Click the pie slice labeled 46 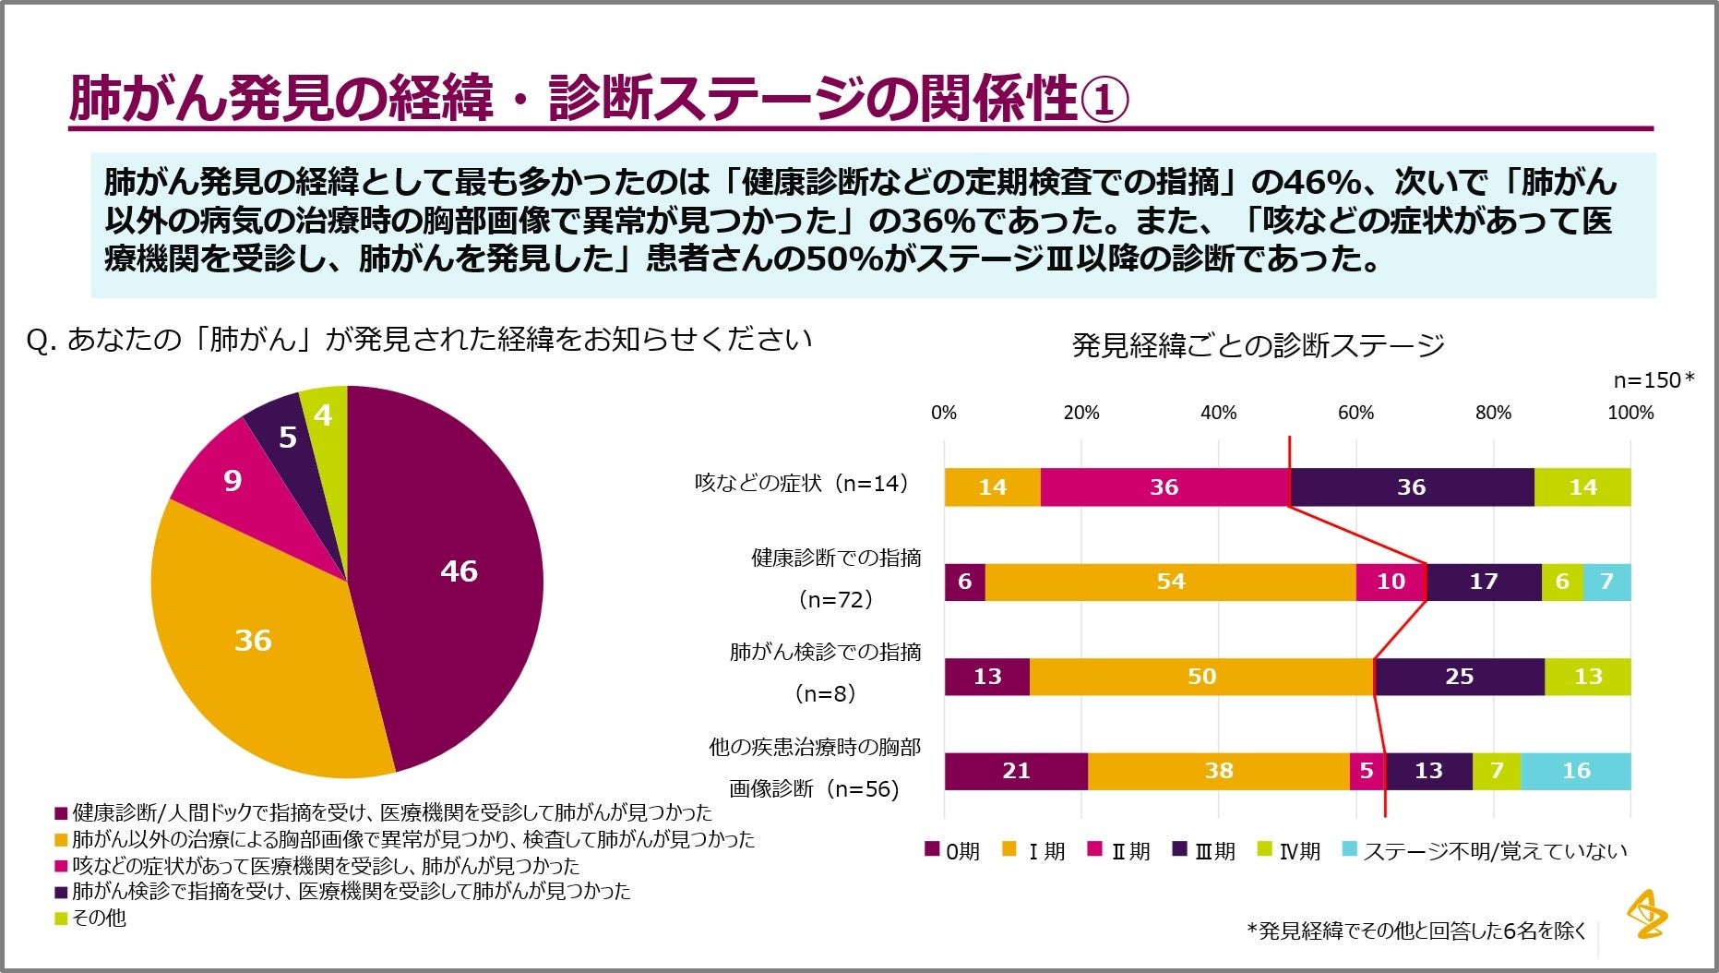(459, 571)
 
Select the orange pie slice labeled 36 (253, 640)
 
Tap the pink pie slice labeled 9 (233, 480)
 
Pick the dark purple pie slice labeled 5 (287, 437)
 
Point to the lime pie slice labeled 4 (322, 416)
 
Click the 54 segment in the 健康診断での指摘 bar (1170, 582)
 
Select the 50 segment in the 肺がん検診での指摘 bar (1201, 677)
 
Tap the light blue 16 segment (1575, 771)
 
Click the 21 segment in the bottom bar (1016, 771)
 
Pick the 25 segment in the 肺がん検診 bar (1459, 677)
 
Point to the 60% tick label (1355, 413)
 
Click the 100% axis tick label (1630, 413)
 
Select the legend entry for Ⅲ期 (1204, 850)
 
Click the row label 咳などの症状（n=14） (803, 483)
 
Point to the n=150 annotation (1653, 379)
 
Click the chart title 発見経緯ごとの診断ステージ (1258, 345)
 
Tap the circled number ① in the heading (1104, 100)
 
